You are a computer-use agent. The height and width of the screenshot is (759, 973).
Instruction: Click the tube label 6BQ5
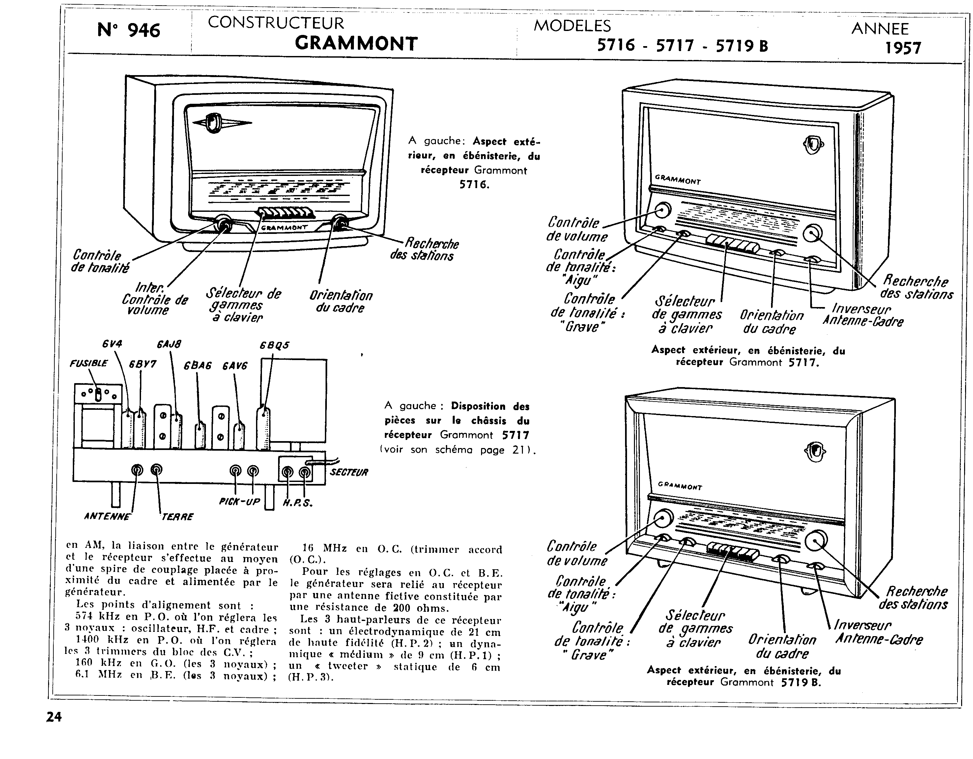click(274, 345)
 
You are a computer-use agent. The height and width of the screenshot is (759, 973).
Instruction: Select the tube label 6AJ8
click(169, 344)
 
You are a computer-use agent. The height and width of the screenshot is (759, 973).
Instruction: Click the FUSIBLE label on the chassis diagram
click(89, 363)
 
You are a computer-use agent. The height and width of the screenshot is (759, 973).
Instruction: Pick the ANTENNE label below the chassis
click(107, 517)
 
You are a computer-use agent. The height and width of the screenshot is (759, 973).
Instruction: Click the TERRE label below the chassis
click(177, 517)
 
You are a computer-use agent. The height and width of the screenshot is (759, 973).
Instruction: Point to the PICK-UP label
click(239, 501)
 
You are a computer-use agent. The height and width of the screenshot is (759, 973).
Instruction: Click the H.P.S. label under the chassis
click(298, 504)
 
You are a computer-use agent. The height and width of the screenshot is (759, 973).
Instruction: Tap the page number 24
click(54, 717)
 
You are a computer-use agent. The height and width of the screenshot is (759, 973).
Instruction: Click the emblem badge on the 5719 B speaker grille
click(815, 453)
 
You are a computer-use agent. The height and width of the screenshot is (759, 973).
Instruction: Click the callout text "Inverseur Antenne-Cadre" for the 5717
click(863, 315)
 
